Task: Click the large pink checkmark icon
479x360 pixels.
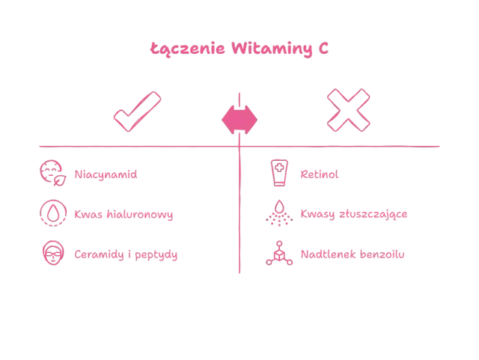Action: click(138, 112)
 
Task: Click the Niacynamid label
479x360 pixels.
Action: click(106, 174)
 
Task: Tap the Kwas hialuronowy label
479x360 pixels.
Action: click(123, 214)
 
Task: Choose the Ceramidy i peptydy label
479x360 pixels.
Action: click(126, 254)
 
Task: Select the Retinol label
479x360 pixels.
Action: click(320, 174)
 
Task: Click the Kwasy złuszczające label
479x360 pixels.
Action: click(353, 214)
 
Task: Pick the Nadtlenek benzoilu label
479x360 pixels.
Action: click(353, 254)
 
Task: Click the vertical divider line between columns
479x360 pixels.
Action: click(239, 225)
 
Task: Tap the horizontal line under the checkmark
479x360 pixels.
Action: click(135, 147)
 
